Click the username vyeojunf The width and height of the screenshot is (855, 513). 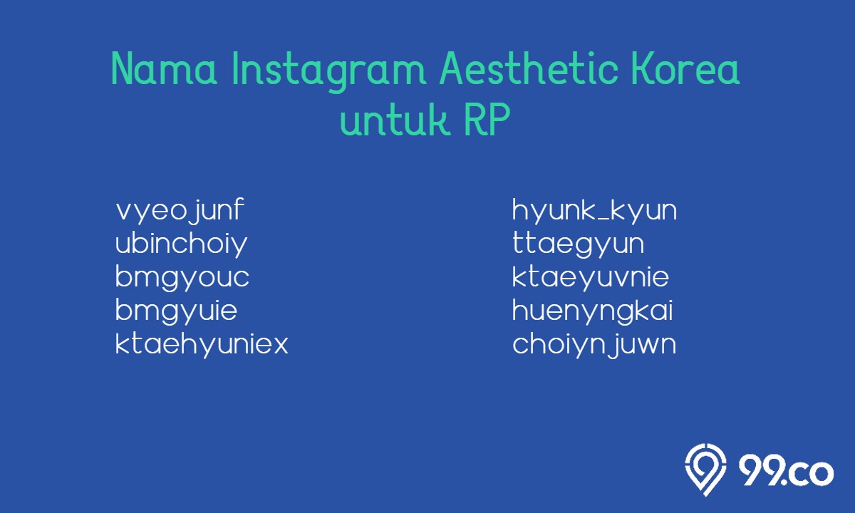pos(180,211)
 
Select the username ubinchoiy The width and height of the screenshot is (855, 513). pos(181,244)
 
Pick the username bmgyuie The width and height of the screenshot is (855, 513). pos(177,311)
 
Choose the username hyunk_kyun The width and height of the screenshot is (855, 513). pos(594,211)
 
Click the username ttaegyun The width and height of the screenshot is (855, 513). pos(579,244)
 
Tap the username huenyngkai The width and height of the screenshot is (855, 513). pos(592,311)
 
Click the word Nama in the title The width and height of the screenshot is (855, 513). pos(164,68)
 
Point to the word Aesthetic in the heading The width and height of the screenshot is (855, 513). pos(529,68)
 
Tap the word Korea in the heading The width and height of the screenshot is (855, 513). pos(685,68)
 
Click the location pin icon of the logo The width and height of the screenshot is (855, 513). pos(705,470)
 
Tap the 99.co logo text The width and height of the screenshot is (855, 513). pos(786,472)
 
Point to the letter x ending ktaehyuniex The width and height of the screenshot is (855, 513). pos(279,346)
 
